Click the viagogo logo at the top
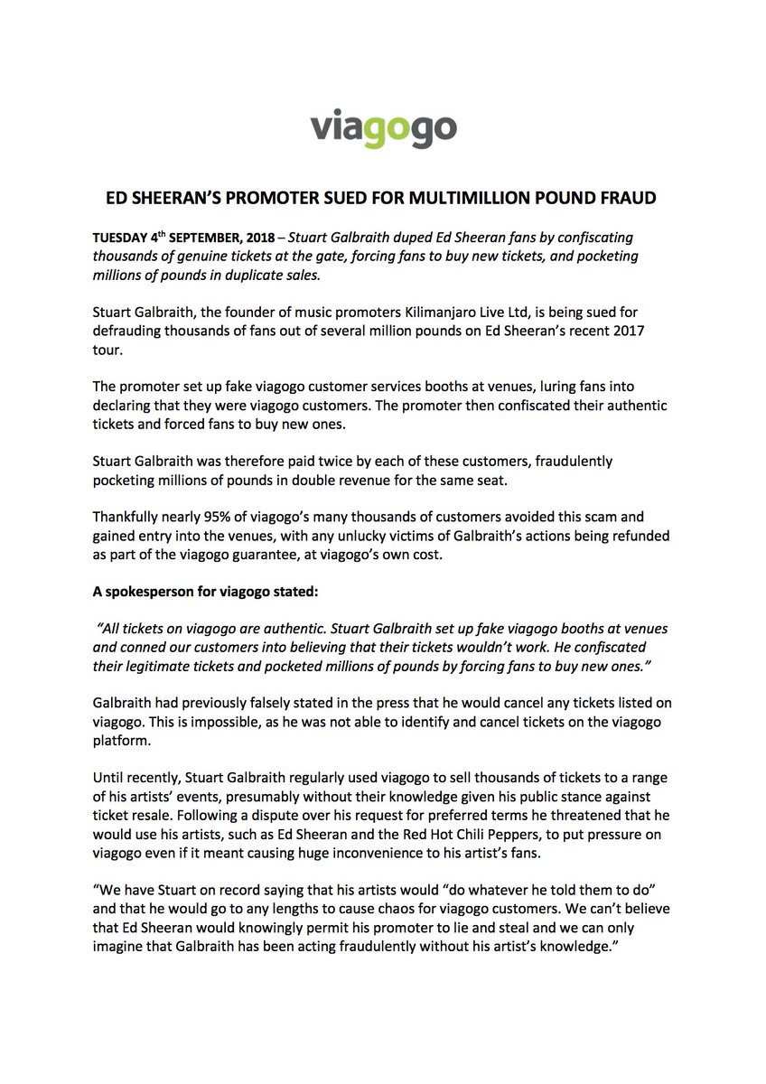point(383,128)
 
